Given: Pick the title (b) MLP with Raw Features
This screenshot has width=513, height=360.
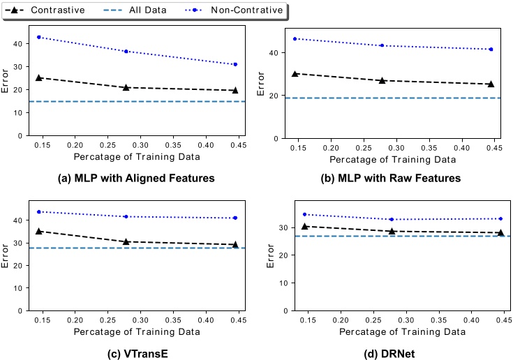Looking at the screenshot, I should click(x=390, y=178).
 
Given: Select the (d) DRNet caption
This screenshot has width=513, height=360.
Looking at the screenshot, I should click(x=390, y=354).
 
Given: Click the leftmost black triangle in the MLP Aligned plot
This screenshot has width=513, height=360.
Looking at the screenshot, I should click(x=39, y=77).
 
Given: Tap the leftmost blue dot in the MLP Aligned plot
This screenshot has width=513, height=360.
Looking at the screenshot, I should click(x=39, y=37).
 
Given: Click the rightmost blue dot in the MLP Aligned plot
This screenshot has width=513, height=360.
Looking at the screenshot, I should click(x=235, y=64).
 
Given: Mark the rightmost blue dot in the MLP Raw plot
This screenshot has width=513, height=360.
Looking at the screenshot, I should click(x=491, y=50).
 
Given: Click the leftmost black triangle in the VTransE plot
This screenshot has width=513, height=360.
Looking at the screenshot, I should click(x=39, y=231).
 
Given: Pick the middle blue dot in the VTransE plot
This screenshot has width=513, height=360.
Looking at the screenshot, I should click(x=126, y=216).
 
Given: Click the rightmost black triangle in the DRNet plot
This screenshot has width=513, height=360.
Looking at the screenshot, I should click(x=500, y=232).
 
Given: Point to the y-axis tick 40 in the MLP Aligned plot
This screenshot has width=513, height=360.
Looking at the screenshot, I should click(x=18, y=43).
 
